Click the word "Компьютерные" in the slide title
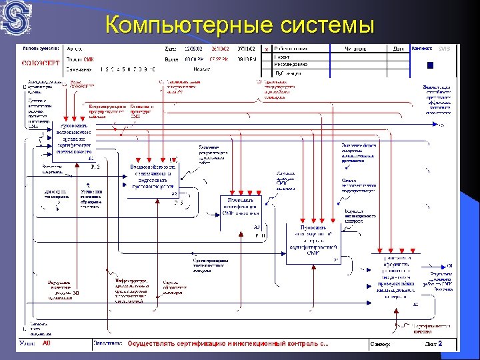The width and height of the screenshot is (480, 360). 188,25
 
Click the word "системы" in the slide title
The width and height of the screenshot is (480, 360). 326,25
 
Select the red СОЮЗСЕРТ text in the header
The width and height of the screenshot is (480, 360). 41,60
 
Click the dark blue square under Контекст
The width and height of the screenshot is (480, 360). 430,65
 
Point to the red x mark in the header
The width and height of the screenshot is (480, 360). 267,49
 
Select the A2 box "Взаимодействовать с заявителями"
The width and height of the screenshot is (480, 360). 151,175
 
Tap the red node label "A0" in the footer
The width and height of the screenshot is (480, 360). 46,343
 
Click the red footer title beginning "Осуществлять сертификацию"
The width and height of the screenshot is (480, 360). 228,344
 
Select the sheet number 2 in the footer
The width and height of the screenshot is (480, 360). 458,343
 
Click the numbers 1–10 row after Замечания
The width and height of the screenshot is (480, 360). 127,69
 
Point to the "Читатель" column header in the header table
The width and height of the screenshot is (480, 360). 355,48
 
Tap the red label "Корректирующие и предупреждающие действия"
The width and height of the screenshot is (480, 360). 104,110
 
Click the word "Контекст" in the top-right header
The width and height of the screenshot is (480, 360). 421,48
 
